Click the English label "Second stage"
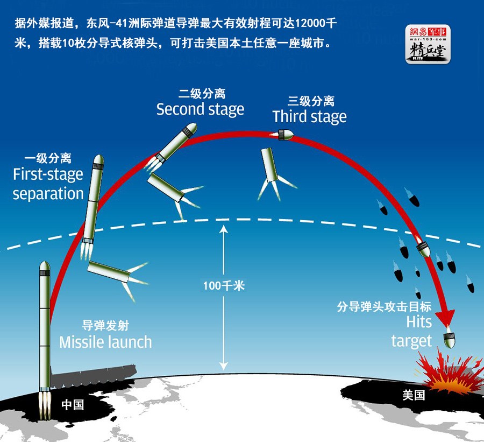click(201, 110)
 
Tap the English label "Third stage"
click(310, 117)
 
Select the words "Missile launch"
click(105, 342)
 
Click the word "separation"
click(48, 194)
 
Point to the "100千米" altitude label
click(224, 285)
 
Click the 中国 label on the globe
click(73, 405)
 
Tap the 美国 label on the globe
click(414, 395)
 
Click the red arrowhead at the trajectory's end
click(446, 317)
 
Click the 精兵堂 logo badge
click(428, 44)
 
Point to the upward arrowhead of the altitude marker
click(224, 229)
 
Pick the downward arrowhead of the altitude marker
click(224, 366)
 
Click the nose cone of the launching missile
click(45, 265)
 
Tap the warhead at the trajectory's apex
click(285, 135)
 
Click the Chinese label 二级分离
click(202, 93)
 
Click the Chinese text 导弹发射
click(105, 326)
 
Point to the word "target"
click(411, 341)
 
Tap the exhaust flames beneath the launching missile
click(45, 405)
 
